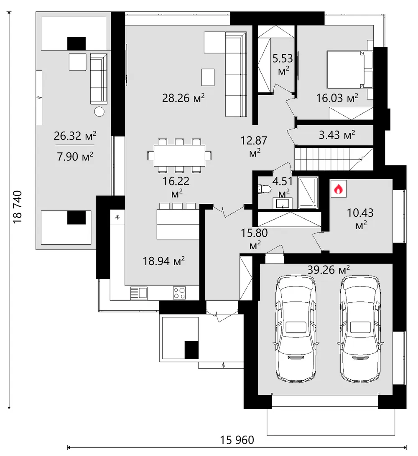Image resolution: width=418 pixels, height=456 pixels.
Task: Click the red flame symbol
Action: (338, 189)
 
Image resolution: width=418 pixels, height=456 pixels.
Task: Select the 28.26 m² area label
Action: (183, 98)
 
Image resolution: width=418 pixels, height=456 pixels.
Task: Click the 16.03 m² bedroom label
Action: (337, 98)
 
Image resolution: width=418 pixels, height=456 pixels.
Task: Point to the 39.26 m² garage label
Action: (329, 270)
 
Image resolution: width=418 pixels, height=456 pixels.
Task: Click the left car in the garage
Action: (296, 328)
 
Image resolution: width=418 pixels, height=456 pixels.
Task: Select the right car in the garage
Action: (360, 328)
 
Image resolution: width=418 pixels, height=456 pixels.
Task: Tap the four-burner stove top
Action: (179, 293)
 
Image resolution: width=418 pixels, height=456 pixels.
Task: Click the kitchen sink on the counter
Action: (139, 293)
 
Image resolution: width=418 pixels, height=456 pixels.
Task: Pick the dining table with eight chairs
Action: (179, 156)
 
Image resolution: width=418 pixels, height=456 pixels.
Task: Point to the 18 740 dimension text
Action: (18, 207)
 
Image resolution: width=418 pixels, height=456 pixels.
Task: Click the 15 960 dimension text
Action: (237, 440)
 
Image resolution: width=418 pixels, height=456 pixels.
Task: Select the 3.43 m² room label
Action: (337, 135)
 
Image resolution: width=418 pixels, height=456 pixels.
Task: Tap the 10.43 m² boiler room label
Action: (360, 218)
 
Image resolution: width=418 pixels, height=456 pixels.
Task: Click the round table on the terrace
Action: (99, 111)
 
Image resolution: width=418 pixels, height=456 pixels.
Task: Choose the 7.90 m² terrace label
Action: (75, 157)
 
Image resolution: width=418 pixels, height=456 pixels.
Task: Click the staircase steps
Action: (334, 159)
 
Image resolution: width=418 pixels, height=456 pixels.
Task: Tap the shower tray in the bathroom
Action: (308, 193)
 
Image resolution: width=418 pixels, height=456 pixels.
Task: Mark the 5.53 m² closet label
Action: (283, 64)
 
